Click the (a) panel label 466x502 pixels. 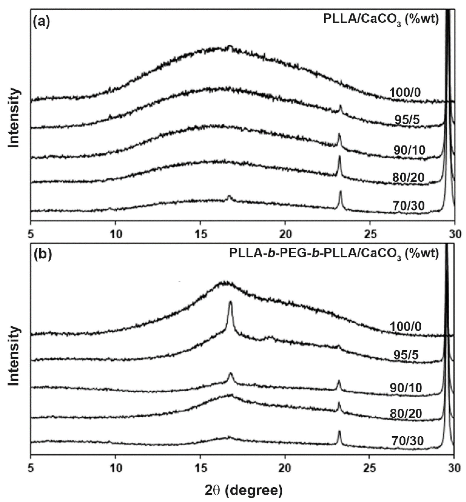(x=42, y=22)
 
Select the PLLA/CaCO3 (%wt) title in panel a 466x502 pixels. (x=381, y=20)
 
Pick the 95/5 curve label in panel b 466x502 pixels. (x=406, y=355)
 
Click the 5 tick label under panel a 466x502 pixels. (x=30, y=235)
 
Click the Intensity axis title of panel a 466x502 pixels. (x=14, y=118)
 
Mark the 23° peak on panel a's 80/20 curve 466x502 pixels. (x=339, y=158)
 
